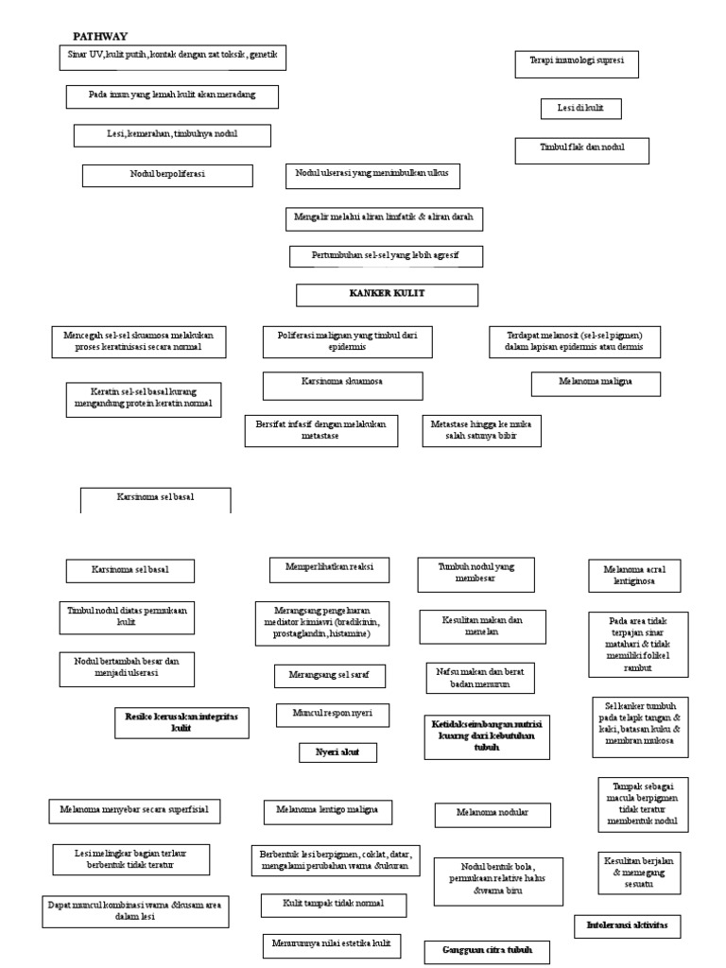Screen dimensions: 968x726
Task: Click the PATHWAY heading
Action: [100, 36]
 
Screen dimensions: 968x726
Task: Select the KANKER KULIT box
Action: [387, 295]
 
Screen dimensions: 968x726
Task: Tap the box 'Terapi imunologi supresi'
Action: [576, 64]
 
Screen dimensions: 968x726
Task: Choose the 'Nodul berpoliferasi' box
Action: [167, 176]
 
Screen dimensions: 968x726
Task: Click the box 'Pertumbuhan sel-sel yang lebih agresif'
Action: [386, 256]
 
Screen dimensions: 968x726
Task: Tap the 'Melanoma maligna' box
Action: [595, 384]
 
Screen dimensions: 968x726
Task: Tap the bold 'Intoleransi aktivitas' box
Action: [627, 925]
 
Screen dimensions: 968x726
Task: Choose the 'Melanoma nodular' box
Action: [492, 813]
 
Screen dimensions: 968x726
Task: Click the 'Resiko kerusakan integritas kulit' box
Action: [181, 723]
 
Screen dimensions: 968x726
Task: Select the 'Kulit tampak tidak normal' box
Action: [334, 905]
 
